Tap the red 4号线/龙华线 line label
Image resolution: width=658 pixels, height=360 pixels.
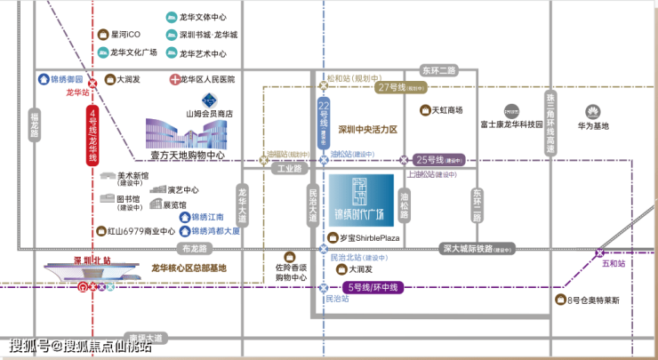coord(92,135)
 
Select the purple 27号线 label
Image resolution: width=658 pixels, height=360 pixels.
coord(391,87)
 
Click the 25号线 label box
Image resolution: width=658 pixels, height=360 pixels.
coord(435,160)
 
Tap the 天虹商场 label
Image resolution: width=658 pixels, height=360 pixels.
coord(447,110)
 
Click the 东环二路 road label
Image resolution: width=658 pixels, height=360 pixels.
coord(437,70)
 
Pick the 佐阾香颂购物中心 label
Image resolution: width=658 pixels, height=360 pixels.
coord(290,271)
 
